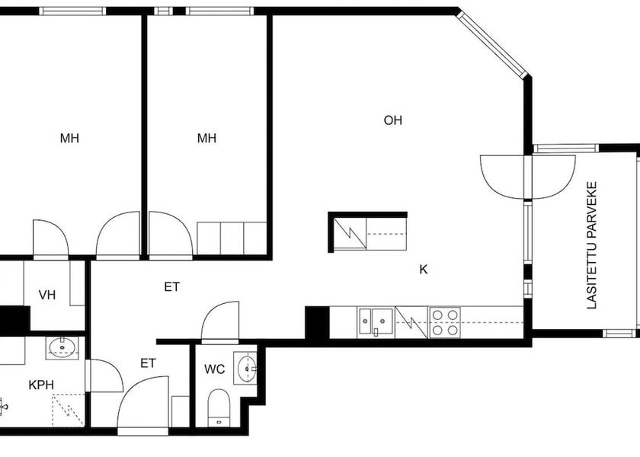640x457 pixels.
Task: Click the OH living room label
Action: click(x=393, y=120)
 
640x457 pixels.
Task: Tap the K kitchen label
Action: click(x=423, y=269)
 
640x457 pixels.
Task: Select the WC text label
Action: click(x=215, y=369)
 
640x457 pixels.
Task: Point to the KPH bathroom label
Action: click(x=41, y=385)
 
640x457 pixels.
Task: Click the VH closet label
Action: click(x=47, y=295)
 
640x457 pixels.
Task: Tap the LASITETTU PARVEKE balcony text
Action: click(x=591, y=245)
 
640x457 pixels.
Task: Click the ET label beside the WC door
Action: click(x=148, y=363)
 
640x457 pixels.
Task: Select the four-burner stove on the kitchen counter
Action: click(x=444, y=321)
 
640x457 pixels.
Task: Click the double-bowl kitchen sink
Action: click(x=376, y=321)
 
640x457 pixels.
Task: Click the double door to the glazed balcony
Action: click(x=527, y=177)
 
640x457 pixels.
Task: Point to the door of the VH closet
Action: click(x=50, y=240)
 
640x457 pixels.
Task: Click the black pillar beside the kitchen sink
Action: click(x=316, y=322)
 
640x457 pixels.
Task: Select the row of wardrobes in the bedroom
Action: click(x=231, y=238)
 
